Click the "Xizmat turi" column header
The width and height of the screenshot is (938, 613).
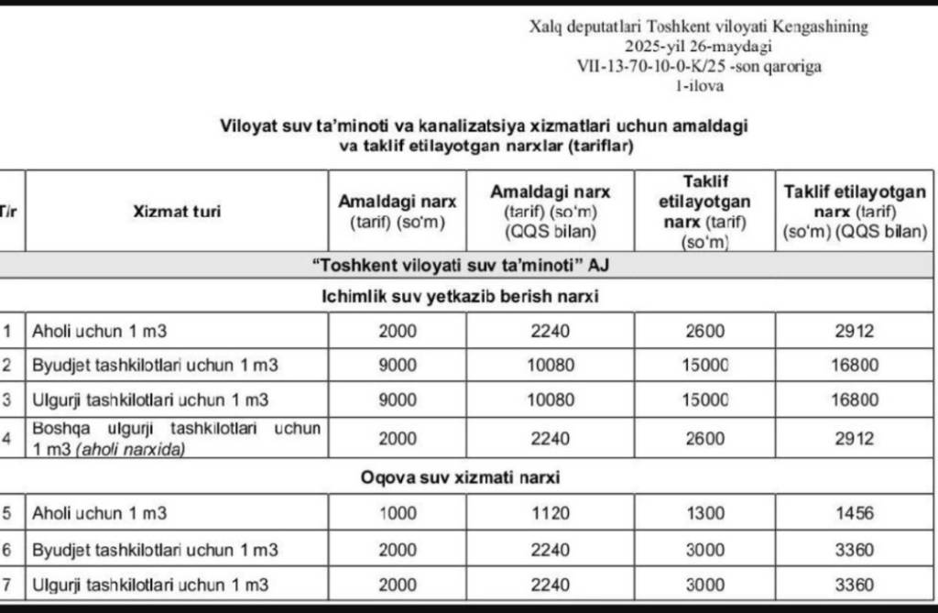click(x=176, y=212)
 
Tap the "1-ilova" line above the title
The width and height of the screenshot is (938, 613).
click(x=698, y=86)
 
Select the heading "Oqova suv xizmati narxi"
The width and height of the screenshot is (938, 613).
click(x=460, y=477)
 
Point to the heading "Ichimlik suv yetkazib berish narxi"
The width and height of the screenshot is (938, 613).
click(x=461, y=297)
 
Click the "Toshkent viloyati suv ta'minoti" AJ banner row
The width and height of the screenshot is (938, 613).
click(x=460, y=266)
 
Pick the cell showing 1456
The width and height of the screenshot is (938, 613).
click(x=854, y=514)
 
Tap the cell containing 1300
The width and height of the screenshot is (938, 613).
click(x=704, y=514)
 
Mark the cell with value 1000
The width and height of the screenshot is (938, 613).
click(x=398, y=514)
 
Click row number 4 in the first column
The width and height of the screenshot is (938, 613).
click(x=7, y=438)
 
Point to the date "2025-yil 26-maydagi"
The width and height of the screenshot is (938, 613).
click(x=698, y=46)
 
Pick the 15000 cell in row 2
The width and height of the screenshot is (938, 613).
click(x=704, y=365)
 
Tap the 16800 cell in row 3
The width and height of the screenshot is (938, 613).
click(x=854, y=400)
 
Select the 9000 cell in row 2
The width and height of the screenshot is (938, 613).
click(x=398, y=365)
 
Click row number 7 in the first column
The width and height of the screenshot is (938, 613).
click(x=7, y=584)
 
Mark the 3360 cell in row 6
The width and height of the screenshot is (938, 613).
click(x=854, y=550)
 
